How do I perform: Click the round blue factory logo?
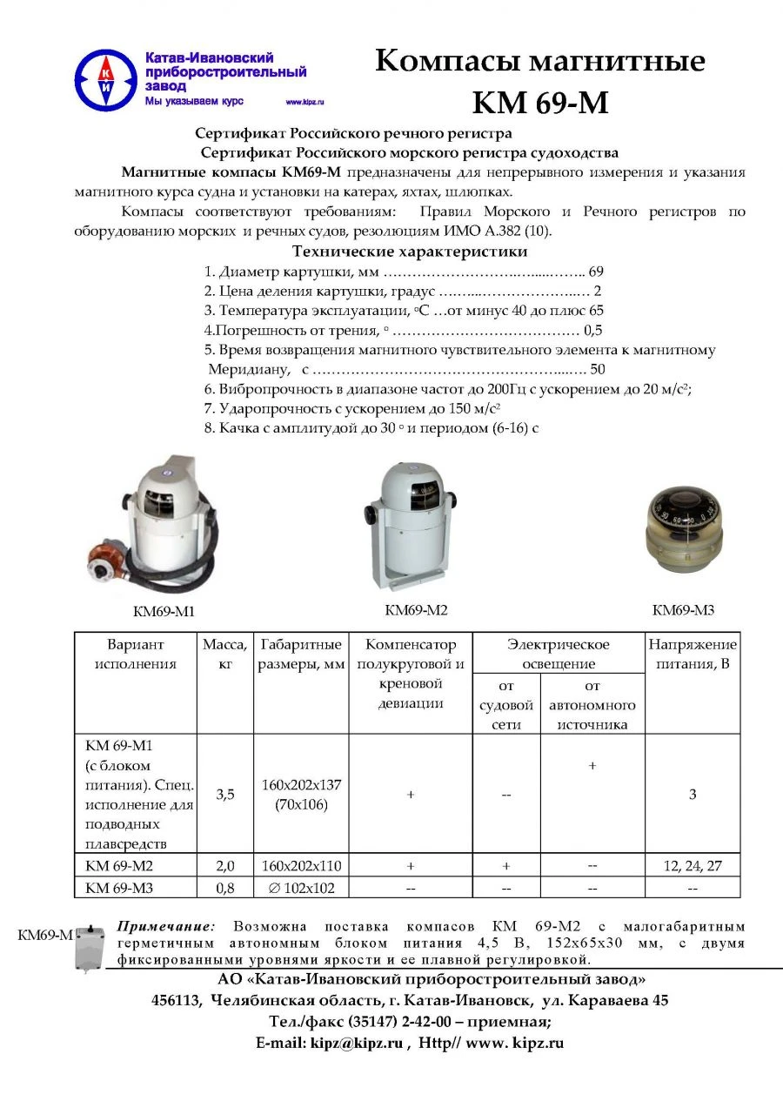coord(105,79)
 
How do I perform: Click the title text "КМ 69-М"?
coord(539,103)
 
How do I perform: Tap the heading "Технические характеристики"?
coord(410,252)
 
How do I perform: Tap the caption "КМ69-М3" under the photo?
coord(683,610)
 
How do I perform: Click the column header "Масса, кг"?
coord(225,654)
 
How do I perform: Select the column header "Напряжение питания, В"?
coord(693,654)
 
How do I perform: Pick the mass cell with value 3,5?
coord(225,794)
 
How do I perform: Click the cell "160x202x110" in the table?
coord(301,866)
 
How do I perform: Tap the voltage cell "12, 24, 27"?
coord(693,866)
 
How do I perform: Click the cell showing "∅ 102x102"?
coord(301,888)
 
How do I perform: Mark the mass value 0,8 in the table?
coord(225,888)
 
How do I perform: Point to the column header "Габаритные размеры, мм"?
coord(301,654)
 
